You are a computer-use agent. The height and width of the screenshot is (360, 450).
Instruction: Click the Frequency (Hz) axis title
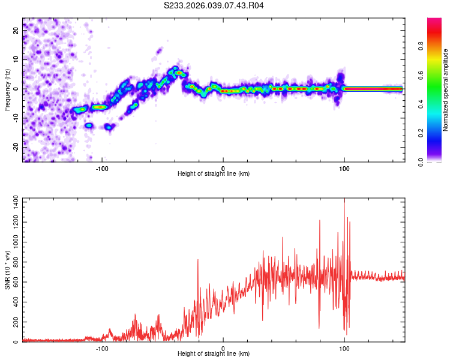tap(8, 89)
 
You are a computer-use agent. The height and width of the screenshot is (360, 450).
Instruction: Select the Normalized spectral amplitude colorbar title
tap(446, 89)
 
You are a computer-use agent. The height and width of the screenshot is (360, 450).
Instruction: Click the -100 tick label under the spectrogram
tap(102, 168)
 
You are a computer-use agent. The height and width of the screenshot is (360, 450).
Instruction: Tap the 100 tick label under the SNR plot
tap(344, 348)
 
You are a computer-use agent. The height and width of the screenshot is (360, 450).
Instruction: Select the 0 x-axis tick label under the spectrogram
tap(223, 168)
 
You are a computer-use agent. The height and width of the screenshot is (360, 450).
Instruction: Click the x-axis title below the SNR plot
tap(214, 354)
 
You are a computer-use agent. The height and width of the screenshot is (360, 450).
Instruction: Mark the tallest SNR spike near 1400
tap(344, 200)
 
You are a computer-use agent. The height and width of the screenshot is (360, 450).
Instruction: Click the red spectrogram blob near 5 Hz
tap(179, 73)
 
